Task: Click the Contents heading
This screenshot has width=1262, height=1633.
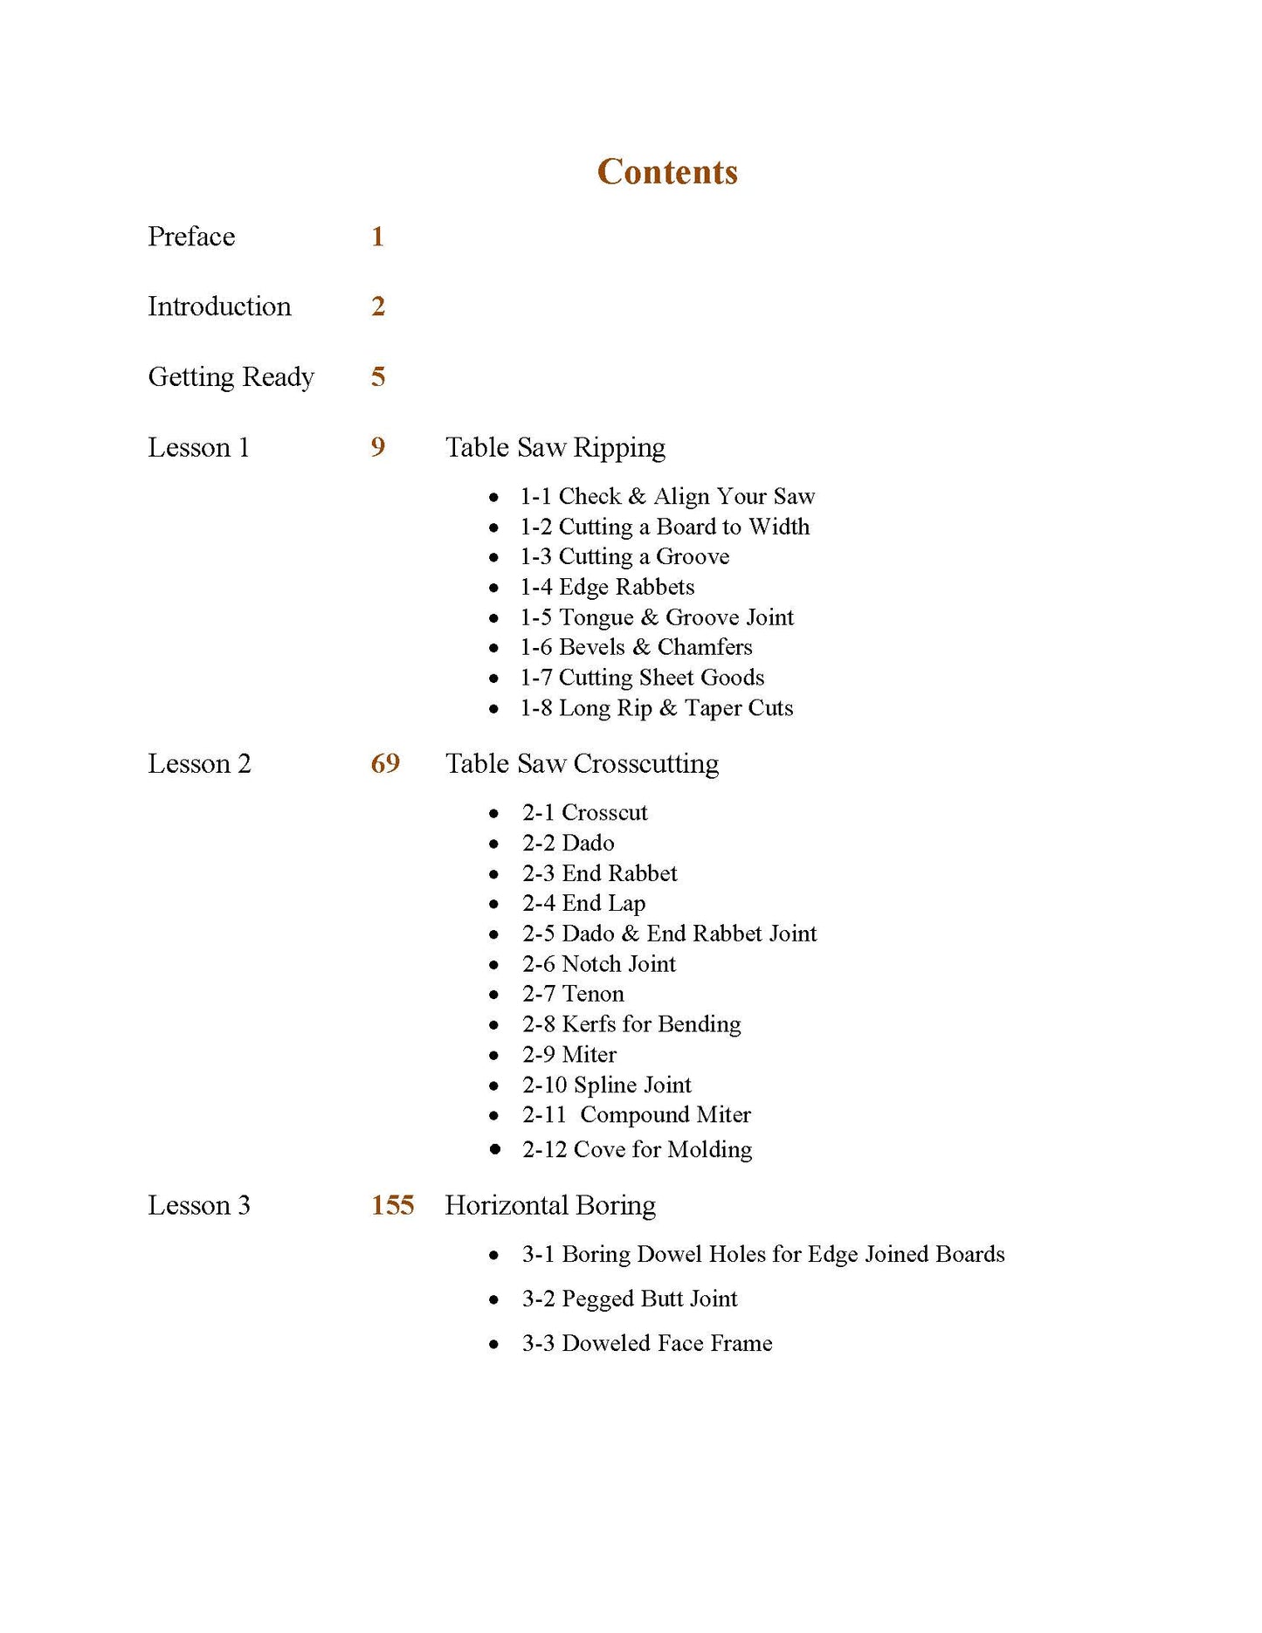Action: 667,172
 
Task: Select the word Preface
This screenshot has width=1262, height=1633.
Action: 191,237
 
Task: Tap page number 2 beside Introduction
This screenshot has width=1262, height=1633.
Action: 378,307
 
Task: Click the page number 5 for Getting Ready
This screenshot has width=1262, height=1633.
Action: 378,376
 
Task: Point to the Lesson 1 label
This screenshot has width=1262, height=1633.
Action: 198,447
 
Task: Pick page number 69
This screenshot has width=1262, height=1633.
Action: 385,763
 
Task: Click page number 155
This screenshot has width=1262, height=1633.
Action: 392,1205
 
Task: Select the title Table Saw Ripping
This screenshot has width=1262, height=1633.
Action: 555,447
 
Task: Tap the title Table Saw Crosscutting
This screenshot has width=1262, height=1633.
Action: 582,763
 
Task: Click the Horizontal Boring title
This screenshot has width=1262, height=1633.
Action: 550,1205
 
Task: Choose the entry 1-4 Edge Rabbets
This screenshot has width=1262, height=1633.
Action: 607,587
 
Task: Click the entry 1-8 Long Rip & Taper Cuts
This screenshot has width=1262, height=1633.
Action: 657,708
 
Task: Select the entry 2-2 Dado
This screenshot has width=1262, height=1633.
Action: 569,843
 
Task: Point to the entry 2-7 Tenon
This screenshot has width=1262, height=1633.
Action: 573,994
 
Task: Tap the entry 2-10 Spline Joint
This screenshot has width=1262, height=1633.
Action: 607,1085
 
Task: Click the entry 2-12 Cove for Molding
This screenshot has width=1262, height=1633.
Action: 637,1149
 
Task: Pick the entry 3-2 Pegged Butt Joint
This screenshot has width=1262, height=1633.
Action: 630,1299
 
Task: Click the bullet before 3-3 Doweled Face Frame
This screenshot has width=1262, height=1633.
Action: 494,1345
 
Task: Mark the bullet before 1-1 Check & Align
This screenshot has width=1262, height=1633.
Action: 494,498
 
